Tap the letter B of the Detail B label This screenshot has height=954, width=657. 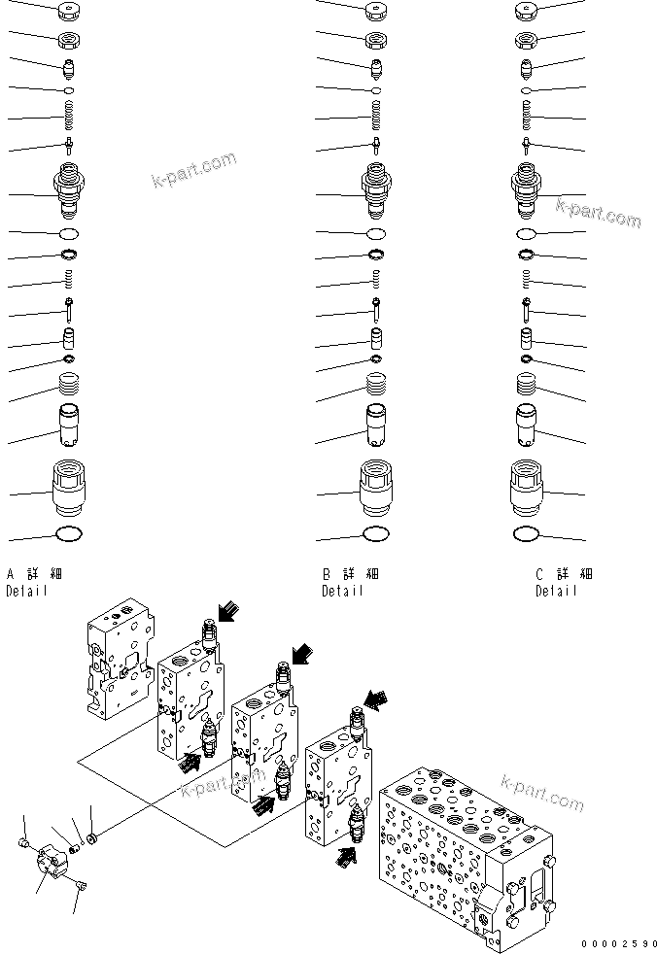(328, 574)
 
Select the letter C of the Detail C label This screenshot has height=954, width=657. (540, 574)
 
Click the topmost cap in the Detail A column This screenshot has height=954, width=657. (70, 12)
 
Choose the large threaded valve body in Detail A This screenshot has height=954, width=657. (70, 191)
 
